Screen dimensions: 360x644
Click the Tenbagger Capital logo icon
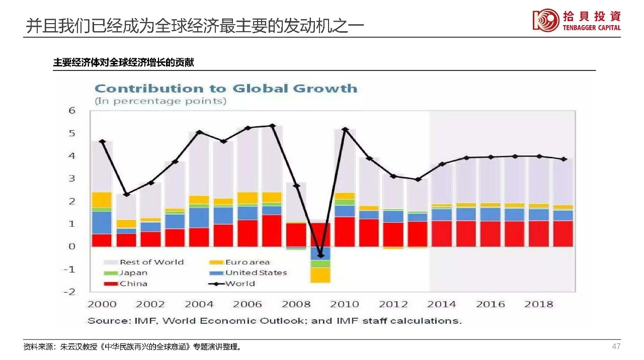coord(545,20)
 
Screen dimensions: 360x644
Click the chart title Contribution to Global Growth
coord(226,89)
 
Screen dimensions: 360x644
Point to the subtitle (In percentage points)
coord(160,101)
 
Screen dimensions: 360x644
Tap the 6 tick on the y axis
coord(71,111)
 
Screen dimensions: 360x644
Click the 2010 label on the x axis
coord(345,304)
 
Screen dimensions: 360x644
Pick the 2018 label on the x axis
coord(538,304)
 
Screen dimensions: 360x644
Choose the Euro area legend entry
coord(247,262)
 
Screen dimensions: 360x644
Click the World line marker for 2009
coord(320,255)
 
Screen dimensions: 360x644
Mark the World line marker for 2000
coord(102,142)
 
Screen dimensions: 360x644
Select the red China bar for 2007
coord(272,230)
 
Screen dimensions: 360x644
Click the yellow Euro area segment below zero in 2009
coord(320,275)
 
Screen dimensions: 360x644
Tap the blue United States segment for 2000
coord(102,223)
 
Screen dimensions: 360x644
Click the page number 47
coord(616,346)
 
